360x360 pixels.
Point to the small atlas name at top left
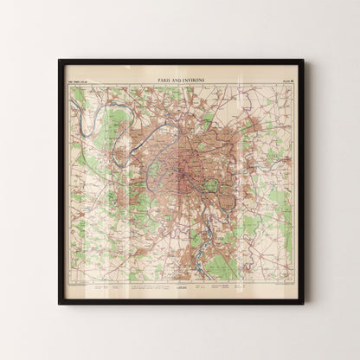coord(79,79)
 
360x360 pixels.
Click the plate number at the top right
coord(284,79)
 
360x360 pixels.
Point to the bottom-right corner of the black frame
coord(302,303)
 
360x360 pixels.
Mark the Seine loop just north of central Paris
coord(182,121)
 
